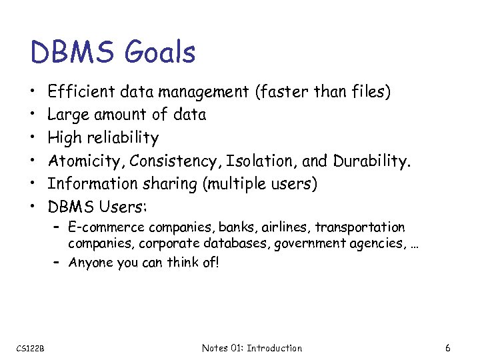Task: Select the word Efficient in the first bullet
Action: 78,92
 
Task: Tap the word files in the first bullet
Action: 371,92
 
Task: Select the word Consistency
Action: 175,161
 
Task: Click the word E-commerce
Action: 101,228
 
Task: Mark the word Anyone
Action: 90,262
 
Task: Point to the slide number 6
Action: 448,348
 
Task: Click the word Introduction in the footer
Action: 274,348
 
